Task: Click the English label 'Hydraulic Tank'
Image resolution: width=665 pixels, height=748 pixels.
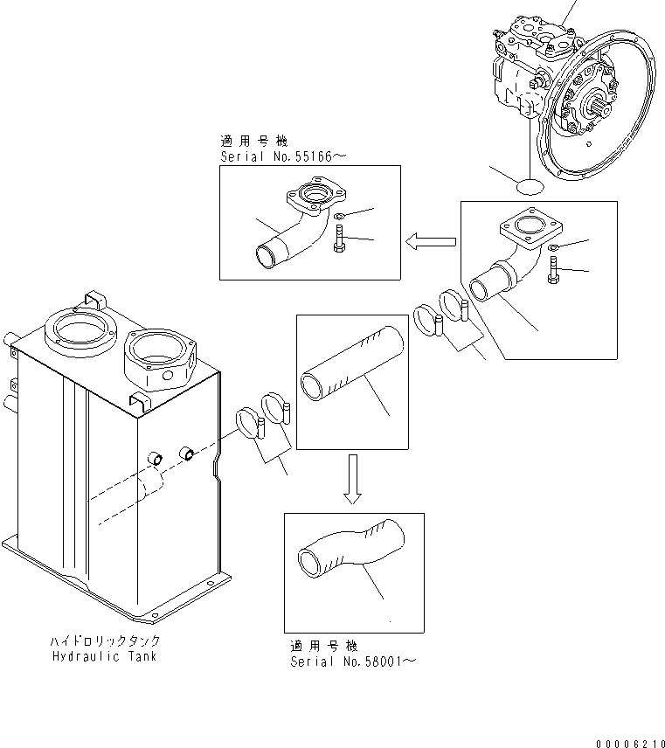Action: tap(104, 655)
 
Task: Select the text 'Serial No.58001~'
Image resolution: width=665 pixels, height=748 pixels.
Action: tap(353, 661)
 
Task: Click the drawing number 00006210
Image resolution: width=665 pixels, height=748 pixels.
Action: tap(627, 742)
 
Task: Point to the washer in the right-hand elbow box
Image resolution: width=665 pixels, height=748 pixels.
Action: tap(555, 251)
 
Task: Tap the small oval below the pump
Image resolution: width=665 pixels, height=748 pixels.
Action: tap(530, 186)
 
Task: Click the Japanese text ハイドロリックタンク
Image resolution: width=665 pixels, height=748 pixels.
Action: tap(104, 641)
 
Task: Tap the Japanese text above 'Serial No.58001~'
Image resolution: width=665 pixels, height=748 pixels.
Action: tap(323, 646)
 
